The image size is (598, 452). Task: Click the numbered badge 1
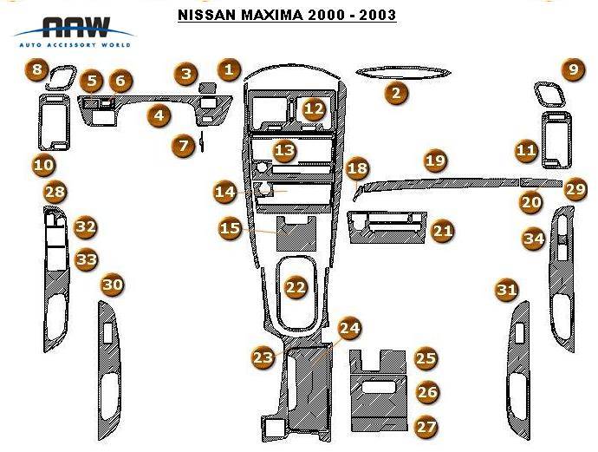coord(228,69)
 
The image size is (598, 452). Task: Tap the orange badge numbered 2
coord(396,92)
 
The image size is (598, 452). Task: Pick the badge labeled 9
coord(573,70)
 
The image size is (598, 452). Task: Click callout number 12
coord(314,108)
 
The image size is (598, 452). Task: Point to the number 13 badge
coord(284,151)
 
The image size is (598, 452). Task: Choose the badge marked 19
coord(435,160)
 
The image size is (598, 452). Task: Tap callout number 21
coord(443,230)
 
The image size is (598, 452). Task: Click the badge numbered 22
coord(296,287)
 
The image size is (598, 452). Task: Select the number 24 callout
coord(350,328)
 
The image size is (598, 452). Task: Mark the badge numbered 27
coord(426,426)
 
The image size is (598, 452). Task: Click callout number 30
coord(113,284)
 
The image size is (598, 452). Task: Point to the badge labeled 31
coord(507,291)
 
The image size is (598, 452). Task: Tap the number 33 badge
coord(86,259)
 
